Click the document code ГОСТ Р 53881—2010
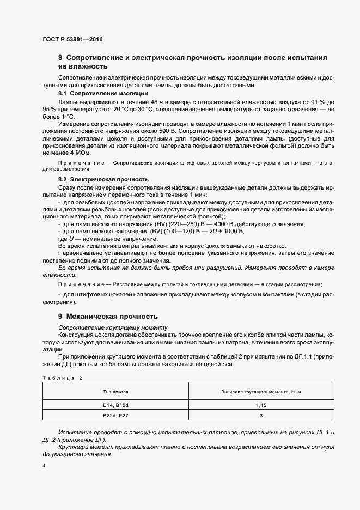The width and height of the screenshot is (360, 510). [x=72, y=40]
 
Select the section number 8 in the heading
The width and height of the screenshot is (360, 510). [x=60, y=58]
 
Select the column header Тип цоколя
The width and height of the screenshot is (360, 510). [x=115, y=392]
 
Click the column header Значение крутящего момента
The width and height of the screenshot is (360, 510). [x=261, y=392]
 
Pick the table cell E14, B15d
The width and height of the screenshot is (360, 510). [x=115, y=405]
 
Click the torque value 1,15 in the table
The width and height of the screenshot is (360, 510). [x=261, y=405]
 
